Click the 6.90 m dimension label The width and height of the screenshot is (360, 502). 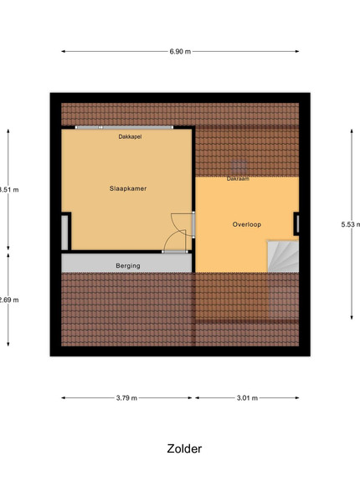[x=180, y=52]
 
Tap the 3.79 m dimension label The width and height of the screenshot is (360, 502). [x=126, y=398]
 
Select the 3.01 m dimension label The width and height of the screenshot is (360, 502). [x=247, y=398]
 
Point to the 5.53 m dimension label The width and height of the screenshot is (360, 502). [x=351, y=224]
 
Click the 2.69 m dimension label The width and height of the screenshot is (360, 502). [x=9, y=300]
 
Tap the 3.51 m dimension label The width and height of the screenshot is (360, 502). [x=9, y=190]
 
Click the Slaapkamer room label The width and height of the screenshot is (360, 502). [x=128, y=188]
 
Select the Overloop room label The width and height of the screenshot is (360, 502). [x=247, y=224]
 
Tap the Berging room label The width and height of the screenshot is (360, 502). [x=128, y=266]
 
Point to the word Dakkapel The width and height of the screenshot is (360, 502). [x=130, y=136]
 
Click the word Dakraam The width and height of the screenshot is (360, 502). [x=238, y=179]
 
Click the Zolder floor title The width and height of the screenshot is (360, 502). [x=184, y=448]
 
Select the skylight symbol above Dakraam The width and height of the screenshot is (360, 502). [x=239, y=167]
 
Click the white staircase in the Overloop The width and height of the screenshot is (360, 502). [x=283, y=257]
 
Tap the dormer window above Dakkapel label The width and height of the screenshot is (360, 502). [x=124, y=127]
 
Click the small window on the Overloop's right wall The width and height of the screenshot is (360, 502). [x=297, y=223]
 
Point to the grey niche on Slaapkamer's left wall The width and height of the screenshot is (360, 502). [x=64, y=233]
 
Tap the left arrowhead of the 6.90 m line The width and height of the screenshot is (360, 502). [x=63, y=51]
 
